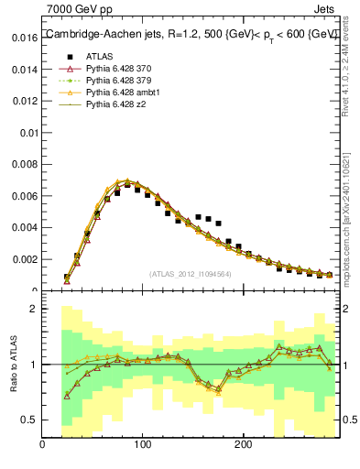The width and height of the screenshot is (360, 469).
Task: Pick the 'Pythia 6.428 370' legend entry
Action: [x=119, y=69]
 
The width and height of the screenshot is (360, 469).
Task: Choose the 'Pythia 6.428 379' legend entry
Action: [x=119, y=81]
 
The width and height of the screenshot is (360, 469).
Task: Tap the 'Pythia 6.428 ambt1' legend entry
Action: [x=123, y=93]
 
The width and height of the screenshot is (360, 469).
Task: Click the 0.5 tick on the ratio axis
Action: [x=27, y=420]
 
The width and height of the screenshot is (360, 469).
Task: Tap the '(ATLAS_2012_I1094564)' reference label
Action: [x=189, y=274]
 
